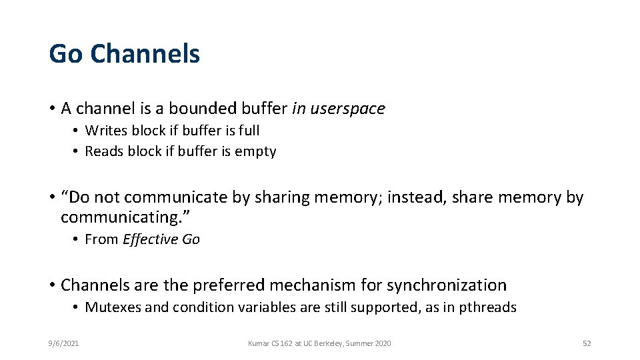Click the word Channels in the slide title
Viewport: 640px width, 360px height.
[145, 53]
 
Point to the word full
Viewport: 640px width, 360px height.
[249, 131]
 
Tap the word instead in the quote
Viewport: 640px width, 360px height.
[412, 197]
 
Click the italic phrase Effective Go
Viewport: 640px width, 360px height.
[161, 239]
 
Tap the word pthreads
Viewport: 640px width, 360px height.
[488, 307]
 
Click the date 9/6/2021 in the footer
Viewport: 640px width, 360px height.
[64, 343]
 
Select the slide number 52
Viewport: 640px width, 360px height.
[587, 343]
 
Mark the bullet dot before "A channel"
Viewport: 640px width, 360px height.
[51, 109]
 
